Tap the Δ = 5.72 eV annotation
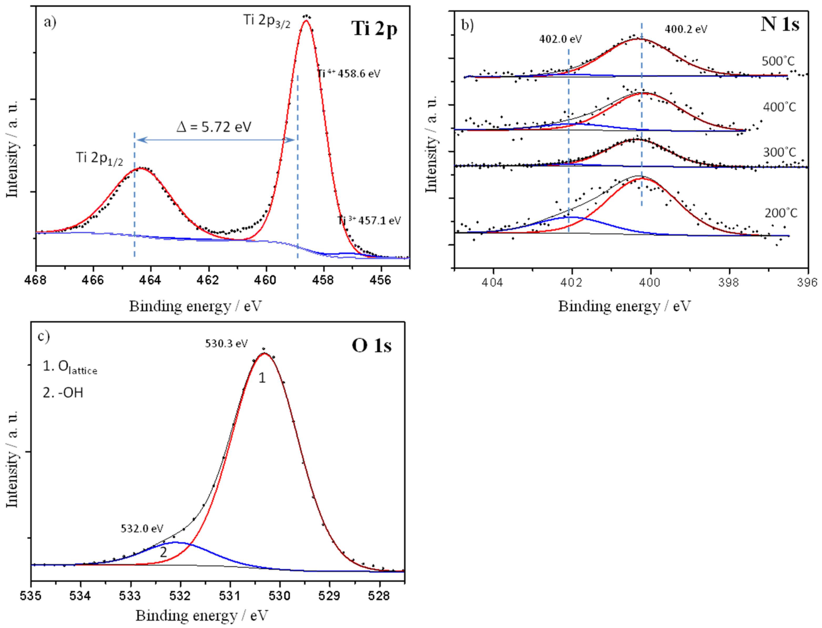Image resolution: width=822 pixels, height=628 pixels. click(x=214, y=127)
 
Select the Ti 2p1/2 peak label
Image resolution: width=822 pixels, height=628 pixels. click(x=99, y=158)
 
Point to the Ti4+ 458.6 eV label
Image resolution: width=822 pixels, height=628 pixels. click(x=349, y=74)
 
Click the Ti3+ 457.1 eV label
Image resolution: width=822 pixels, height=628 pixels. click(x=369, y=220)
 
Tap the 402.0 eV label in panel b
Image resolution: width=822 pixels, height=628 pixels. click(x=560, y=39)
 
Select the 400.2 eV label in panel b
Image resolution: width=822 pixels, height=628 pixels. click(x=686, y=29)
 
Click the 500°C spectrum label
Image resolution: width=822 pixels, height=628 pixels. click(x=778, y=61)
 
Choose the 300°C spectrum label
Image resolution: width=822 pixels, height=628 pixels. click(x=779, y=152)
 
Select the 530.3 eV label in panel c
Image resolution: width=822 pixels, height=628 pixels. click(x=226, y=343)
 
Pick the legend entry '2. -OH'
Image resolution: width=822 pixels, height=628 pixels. click(x=63, y=393)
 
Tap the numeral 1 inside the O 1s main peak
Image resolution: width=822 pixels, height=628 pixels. click(x=262, y=378)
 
